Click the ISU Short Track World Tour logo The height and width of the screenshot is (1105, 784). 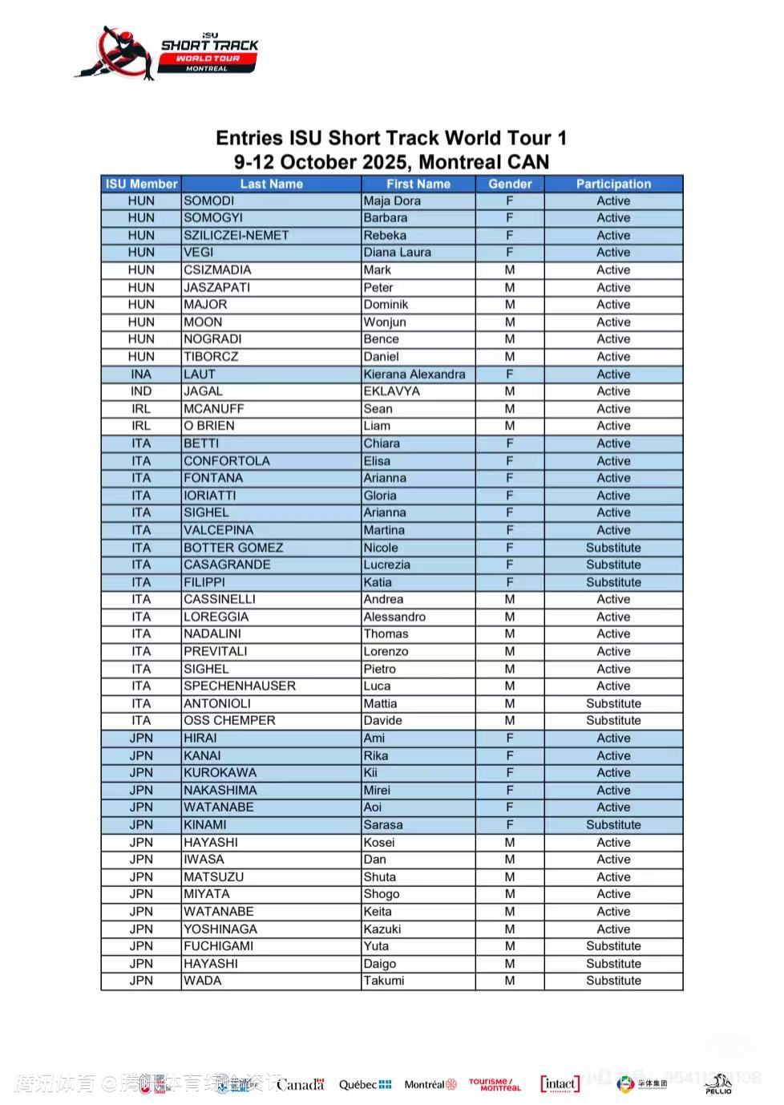pyautogui.click(x=168, y=53)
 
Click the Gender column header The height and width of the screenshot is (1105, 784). pyautogui.click(x=510, y=184)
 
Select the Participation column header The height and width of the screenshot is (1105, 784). pyautogui.click(x=613, y=184)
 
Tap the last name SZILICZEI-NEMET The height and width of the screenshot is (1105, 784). pyautogui.click(x=236, y=235)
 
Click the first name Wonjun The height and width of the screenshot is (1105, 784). pyautogui.click(x=385, y=322)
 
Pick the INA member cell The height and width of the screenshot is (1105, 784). pyautogui.click(x=141, y=374)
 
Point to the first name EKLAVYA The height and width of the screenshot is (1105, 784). pyautogui.click(x=391, y=391)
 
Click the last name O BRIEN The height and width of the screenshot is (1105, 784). pyautogui.click(x=208, y=426)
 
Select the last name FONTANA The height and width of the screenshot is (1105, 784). pyautogui.click(x=212, y=478)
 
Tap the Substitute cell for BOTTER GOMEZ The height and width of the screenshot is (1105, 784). pyautogui.click(x=613, y=548)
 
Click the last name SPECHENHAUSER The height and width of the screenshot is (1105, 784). pyautogui.click(x=239, y=686)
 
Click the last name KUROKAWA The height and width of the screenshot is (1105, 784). pyautogui.click(x=220, y=772)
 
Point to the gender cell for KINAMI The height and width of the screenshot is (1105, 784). pyautogui.click(x=510, y=824)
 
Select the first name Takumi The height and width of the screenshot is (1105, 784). pyautogui.click(x=383, y=981)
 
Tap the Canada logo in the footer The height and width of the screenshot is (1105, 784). pyautogui.click(x=301, y=1084)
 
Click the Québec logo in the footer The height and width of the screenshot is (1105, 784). pyautogui.click(x=365, y=1084)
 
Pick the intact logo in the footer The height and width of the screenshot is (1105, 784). pyautogui.click(x=560, y=1084)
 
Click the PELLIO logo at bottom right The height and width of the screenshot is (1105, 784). pyautogui.click(x=718, y=1083)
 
